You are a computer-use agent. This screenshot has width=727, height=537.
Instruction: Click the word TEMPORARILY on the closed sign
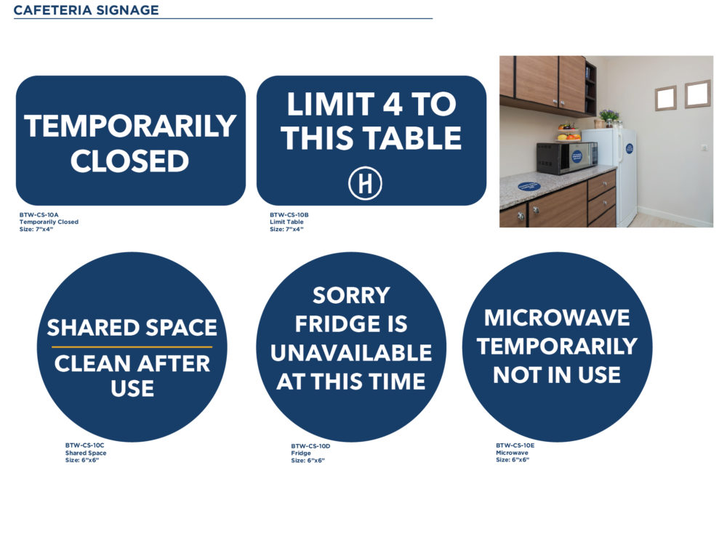click(x=130, y=126)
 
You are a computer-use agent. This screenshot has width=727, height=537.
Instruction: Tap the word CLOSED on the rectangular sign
click(x=130, y=161)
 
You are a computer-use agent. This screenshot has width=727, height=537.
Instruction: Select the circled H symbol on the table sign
click(x=366, y=183)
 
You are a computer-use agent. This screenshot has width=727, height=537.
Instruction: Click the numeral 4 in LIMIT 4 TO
click(x=393, y=104)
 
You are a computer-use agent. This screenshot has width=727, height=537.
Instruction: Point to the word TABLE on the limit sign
click(x=411, y=138)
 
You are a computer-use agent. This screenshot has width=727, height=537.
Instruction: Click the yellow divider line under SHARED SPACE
click(x=132, y=347)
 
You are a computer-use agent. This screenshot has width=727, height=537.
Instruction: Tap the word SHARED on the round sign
click(x=87, y=328)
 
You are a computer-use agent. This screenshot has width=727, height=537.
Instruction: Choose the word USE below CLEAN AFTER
click(x=132, y=388)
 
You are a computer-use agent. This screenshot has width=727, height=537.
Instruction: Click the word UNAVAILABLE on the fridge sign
click(x=351, y=353)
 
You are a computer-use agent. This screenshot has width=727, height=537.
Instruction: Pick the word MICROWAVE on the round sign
click(x=557, y=318)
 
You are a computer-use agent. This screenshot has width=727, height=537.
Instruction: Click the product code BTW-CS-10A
click(x=39, y=215)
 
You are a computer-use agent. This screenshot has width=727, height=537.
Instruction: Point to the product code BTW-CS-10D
click(x=310, y=446)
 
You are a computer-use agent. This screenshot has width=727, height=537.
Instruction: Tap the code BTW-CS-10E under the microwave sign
click(x=515, y=445)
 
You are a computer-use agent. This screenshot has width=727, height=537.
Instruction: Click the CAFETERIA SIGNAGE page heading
click(x=87, y=10)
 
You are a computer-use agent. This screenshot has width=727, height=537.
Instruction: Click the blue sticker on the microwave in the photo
click(x=577, y=157)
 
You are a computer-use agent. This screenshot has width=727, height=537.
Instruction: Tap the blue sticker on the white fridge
click(x=629, y=149)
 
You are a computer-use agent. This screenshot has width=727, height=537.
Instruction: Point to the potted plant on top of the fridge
click(x=608, y=117)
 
